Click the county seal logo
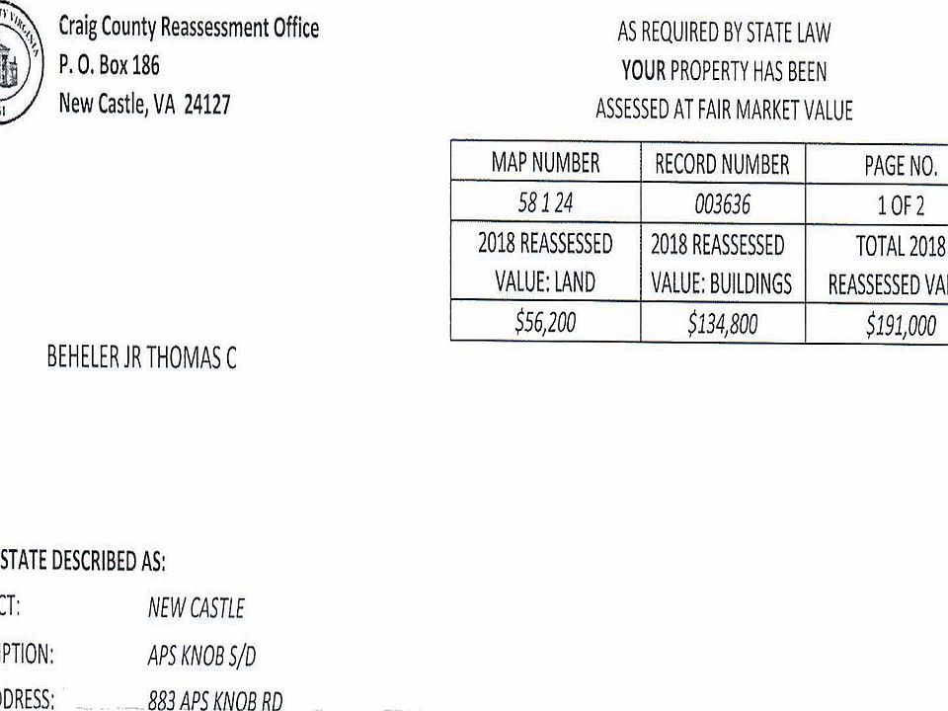pyautogui.click(x=18, y=64)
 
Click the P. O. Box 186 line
pyautogui.click(x=109, y=67)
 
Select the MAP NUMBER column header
pyautogui.click(x=545, y=162)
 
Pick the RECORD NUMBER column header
pyautogui.click(x=722, y=164)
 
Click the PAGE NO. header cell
pyautogui.click(x=901, y=166)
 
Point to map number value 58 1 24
pyautogui.click(x=545, y=203)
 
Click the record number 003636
pyautogui.click(x=722, y=204)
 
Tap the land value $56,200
pyautogui.click(x=545, y=323)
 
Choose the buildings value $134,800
pyautogui.click(x=722, y=324)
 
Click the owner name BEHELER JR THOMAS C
pyautogui.click(x=141, y=358)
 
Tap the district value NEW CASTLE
pyautogui.click(x=196, y=608)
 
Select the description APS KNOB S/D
pyautogui.click(x=202, y=656)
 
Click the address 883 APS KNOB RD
pyautogui.click(x=214, y=701)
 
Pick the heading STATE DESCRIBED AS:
pyautogui.click(x=83, y=562)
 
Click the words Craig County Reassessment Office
pyautogui.click(x=189, y=28)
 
